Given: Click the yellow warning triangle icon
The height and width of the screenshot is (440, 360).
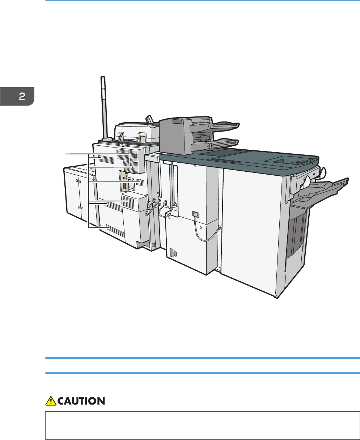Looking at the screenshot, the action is (x=51, y=401).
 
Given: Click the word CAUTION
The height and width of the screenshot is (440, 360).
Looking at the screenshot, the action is (x=81, y=401).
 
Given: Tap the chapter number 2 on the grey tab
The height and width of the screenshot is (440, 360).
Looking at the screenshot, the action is (x=22, y=97).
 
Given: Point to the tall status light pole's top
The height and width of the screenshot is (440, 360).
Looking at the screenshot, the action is (x=103, y=78).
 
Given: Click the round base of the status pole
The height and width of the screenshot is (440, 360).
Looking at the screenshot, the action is (x=107, y=139).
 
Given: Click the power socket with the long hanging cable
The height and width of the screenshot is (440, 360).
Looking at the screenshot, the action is (x=196, y=214).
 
